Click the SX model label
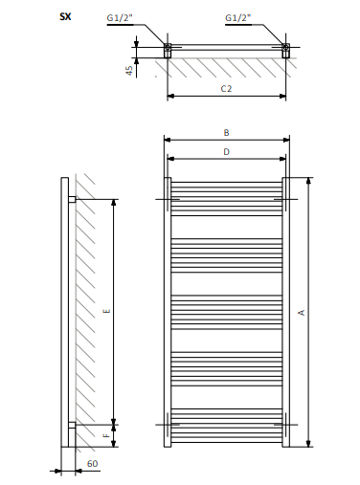pos(65,16)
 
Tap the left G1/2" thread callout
pos(120,18)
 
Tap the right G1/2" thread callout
pos(238,18)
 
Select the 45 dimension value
pos(129,71)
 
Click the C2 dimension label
pos(226,88)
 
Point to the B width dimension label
pos(226,133)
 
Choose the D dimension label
pos(226,152)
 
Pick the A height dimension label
pos(302,313)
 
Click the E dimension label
pos(107,311)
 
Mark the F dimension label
pos(107,435)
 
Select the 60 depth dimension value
pos(92,463)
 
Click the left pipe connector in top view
pos(168,51)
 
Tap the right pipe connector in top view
pos(286,51)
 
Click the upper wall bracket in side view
pos(72,199)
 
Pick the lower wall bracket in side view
pos(72,425)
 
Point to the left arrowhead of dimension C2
pos(170,96)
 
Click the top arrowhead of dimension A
pos(308,181)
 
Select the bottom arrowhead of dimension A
pos(308,444)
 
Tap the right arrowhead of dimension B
pos(286,140)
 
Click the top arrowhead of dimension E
pos(114,203)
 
